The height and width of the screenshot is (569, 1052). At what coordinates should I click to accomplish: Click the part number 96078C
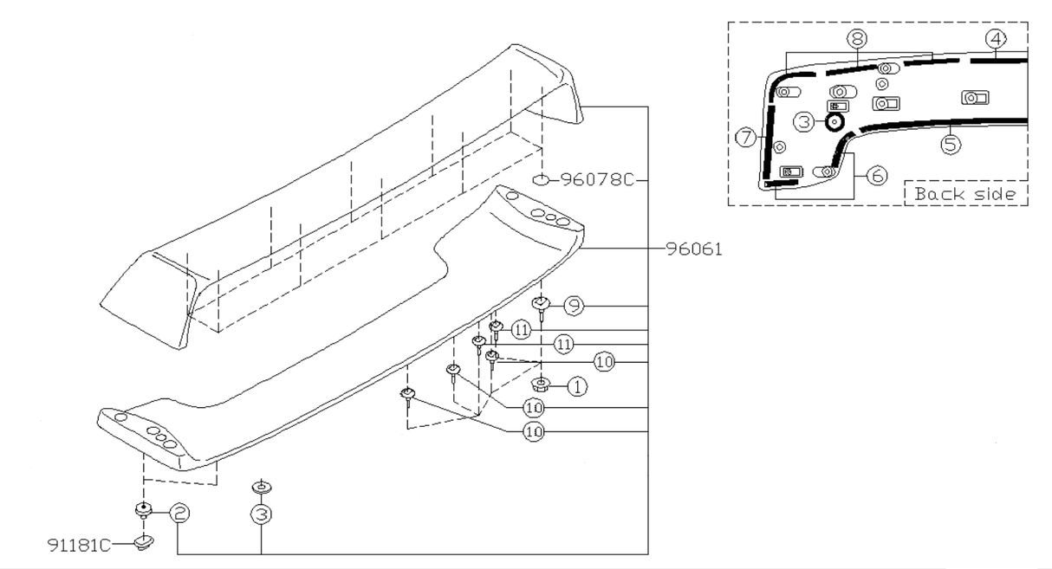pos(597,180)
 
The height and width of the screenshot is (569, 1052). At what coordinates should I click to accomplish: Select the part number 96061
pos(694,249)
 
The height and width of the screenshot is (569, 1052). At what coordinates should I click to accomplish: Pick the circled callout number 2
pos(179,513)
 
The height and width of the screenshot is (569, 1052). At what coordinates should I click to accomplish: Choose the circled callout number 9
pos(574,305)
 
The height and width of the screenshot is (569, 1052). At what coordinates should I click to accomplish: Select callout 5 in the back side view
pos(951,144)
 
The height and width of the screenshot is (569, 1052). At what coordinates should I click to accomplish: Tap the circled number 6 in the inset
pos(876,175)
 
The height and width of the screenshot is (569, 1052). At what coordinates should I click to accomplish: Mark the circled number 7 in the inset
pos(744,136)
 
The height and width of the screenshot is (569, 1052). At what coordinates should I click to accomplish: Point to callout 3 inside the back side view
pos(805,123)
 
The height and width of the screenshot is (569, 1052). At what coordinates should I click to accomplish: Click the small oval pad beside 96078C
pos(540,180)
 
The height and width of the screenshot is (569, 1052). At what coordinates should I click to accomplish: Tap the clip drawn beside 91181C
pos(144,543)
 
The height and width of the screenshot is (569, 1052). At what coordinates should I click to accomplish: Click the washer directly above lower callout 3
pos(260,487)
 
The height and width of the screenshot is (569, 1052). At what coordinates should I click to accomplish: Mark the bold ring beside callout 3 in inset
pos(834,122)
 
